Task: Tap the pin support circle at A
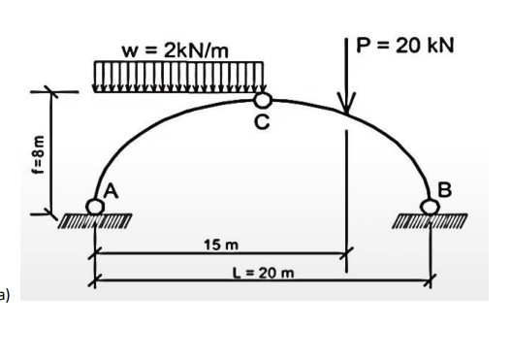(x=93, y=206)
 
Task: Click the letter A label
(x=112, y=192)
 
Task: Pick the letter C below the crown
(x=261, y=122)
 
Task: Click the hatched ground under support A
(x=93, y=222)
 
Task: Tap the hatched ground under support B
(x=431, y=222)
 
